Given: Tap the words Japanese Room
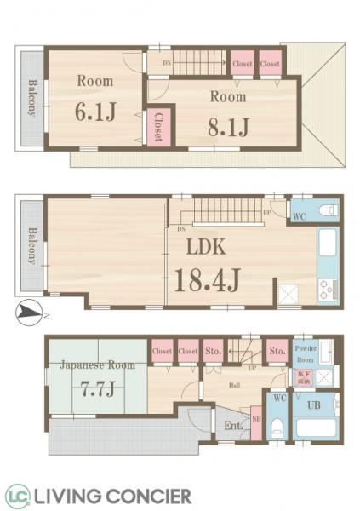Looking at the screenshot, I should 98,365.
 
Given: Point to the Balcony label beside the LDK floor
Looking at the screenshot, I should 31,246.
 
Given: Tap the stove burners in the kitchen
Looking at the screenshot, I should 327,290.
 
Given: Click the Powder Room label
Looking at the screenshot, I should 306,354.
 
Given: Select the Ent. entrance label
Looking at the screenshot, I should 230,425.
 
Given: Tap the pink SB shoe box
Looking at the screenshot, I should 256,423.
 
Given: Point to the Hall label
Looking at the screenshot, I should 233,384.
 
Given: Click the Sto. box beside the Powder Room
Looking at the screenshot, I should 276,350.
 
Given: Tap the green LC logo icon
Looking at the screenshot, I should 18,496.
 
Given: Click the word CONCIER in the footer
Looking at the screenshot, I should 151,496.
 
